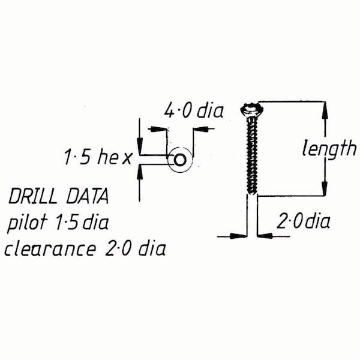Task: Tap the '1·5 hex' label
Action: [97, 158]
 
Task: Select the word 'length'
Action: [328, 148]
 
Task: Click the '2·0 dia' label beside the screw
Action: [304, 223]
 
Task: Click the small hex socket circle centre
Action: [179, 160]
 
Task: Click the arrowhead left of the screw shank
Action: [240, 236]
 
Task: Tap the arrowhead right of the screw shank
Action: [265, 236]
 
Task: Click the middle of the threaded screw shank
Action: [251, 153]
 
